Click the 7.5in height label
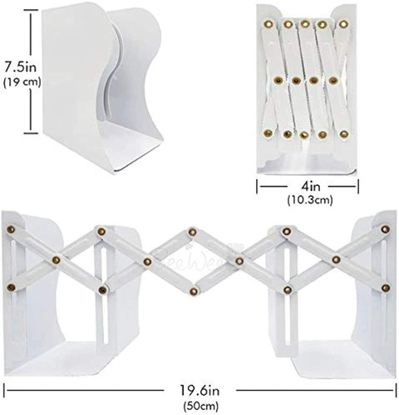[21, 67]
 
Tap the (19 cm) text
[22, 82]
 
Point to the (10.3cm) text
[310, 199]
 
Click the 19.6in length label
[199, 391]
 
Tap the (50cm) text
[200, 406]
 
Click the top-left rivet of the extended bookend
[11, 229]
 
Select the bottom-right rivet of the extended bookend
[386, 288]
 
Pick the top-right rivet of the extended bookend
[385, 229]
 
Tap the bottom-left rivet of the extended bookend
[11, 287]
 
